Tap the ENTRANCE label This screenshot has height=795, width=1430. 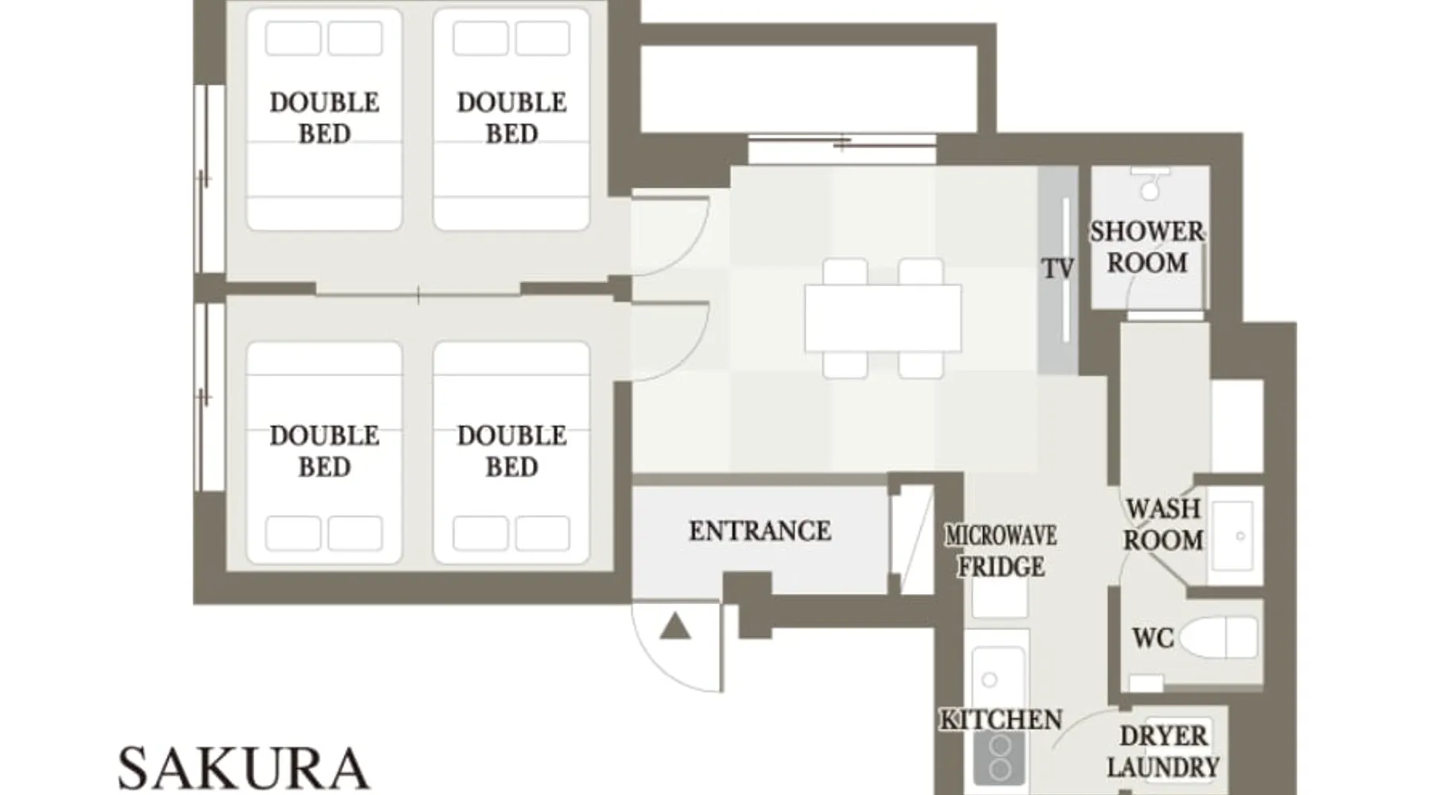pyautogui.click(x=760, y=531)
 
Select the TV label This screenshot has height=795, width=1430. pyautogui.click(x=1058, y=269)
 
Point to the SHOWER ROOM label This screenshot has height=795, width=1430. pyautogui.click(x=1147, y=247)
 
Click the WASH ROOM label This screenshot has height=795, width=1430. pyautogui.click(x=1163, y=525)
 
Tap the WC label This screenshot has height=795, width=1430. pyautogui.click(x=1153, y=638)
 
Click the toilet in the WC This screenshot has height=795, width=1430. pyautogui.click(x=1219, y=638)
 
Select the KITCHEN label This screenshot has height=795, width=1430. pyautogui.click(x=1001, y=719)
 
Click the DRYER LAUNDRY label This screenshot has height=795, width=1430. pyautogui.click(x=1163, y=751)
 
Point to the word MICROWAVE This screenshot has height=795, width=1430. pyautogui.click(x=1001, y=536)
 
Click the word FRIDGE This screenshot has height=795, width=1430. pyautogui.click(x=1001, y=567)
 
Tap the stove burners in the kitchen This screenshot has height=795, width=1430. pyautogui.click(x=1000, y=758)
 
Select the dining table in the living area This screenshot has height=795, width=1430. pyautogui.click(x=883, y=318)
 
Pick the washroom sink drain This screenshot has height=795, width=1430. pyautogui.click(x=1240, y=536)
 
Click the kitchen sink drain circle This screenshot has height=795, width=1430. pyautogui.click(x=989, y=680)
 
